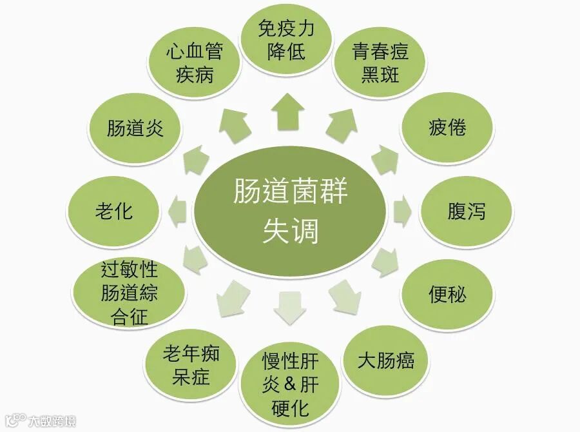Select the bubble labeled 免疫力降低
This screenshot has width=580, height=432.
(x=287, y=40)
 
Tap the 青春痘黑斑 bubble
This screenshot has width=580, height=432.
(x=380, y=63)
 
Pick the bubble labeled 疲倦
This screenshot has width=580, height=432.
(x=447, y=128)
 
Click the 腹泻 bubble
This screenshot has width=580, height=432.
(x=466, y=211)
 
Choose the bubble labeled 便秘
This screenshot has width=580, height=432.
(x=447, y=295)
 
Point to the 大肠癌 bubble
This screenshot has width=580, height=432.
(x=385, y=360)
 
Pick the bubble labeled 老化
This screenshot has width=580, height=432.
(x=113, y=211)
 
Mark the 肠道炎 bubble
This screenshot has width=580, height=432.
(x=135, y=128)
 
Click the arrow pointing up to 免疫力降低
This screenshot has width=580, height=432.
(x=288, y=113)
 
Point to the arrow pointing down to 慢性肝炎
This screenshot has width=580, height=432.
(x=289, y=308)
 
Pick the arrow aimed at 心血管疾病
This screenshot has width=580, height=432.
(x=233, y=124)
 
